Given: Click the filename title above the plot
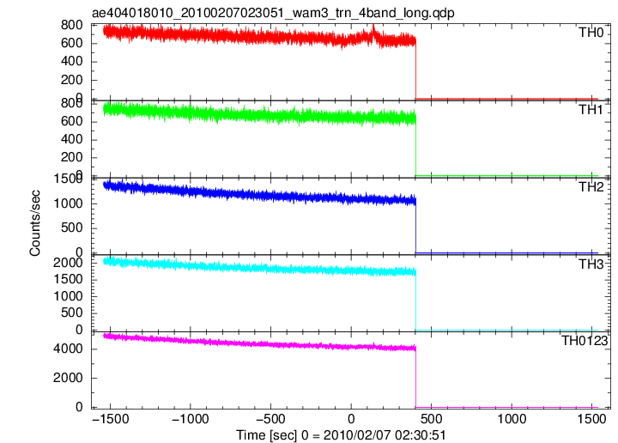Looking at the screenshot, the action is click(x=273, y=13).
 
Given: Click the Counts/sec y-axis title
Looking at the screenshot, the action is click(x=34, y=223).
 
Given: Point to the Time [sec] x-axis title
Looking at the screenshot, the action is click(x=341, y=435).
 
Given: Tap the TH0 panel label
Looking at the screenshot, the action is click(x=591, y=33).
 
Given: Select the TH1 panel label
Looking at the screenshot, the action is click(x=591, y=110).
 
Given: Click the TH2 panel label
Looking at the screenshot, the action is click(x=591, y=187).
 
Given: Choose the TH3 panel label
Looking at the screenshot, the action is click(x=591, y=264).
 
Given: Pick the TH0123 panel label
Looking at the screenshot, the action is click(x=585, y=341).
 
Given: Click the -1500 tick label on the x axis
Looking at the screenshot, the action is click(x=111, y=419).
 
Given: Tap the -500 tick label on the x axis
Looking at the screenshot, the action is click(x=270, y=419).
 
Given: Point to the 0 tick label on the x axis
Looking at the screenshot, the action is click(x=351, y=419).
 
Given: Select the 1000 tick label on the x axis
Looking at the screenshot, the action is click(x=512, y=419).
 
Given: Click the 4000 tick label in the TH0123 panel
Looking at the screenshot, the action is click(x=68, y=349).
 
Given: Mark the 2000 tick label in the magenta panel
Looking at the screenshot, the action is click(x=68, y=378).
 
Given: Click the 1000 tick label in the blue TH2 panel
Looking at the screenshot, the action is click(x=68, y=203).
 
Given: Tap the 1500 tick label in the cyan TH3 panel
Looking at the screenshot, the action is click(x=68, y=279).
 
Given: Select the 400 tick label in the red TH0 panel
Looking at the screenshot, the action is click(x=72, y=62).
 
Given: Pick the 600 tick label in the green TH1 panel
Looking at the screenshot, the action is click(x=72, y=121).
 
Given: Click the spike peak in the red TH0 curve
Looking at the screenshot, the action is click(x=373, y=25).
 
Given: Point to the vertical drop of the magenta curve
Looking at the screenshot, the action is click(x=415, y=378).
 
